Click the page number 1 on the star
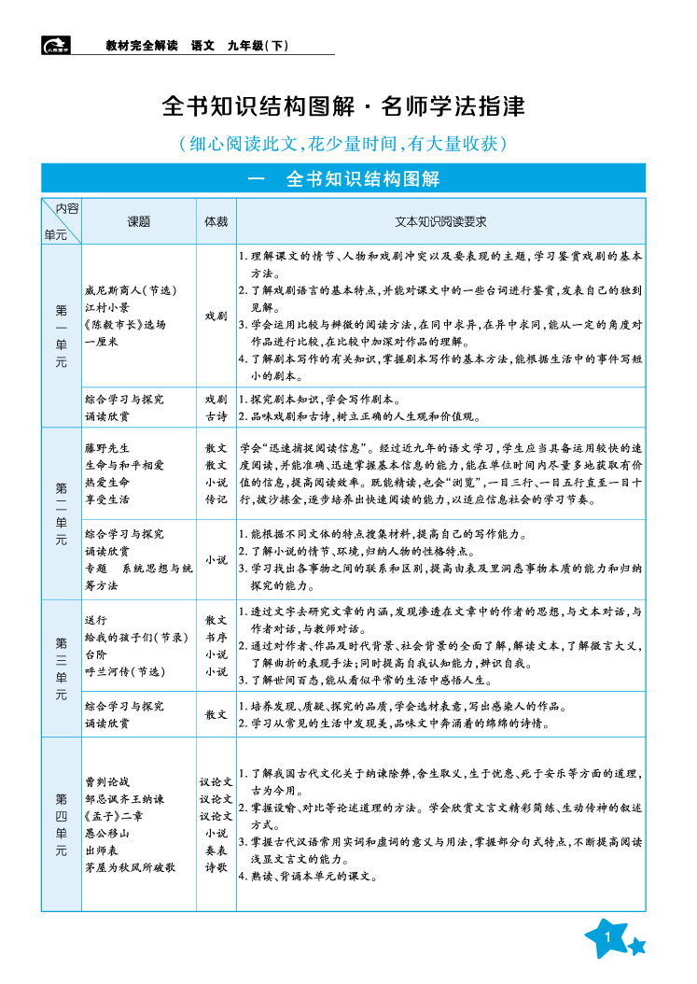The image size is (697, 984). click(x=607, y=937)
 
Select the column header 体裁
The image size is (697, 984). click(x=216, y=222)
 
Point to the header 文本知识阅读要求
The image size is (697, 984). click(x=440, y=222)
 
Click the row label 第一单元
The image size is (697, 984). click(x=62, y=335)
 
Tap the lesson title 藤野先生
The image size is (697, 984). click(x=107, y=447)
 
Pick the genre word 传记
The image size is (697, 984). click(x=216, y=499)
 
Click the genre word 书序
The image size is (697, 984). click(x=216, y=636)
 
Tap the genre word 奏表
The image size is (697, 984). click(x=216, y=850)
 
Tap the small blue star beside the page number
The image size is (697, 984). click(x=637, y=948)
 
